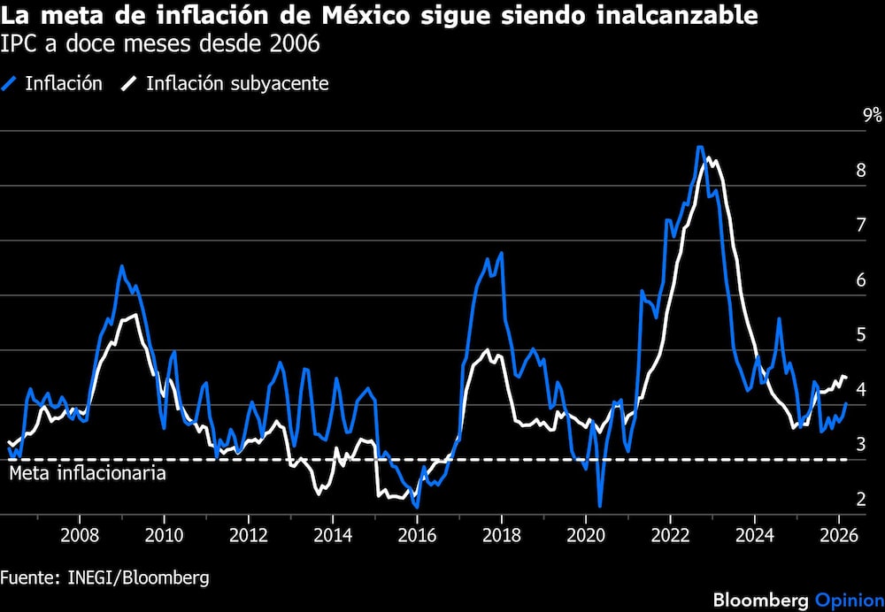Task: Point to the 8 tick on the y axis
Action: [860, 171]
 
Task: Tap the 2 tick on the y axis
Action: [860, 500]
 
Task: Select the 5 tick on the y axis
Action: [860, 335]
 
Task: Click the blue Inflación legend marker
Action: [11, 84]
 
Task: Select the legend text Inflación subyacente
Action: [236, 84]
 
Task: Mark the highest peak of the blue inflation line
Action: [699, 147]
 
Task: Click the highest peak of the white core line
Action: [709, 159]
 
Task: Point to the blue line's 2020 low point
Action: [599, 506]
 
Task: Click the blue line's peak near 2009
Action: [121, 266]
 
